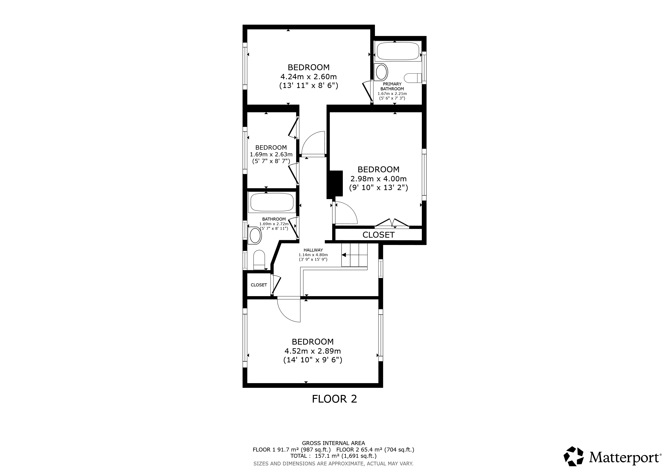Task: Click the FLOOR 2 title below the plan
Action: [x=334, y=399]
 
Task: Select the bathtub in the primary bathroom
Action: [x=398, y=52]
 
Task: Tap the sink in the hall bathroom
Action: [x=255, y=236]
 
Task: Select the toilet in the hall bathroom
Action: [x=259, y=260]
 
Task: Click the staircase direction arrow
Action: [x=344, y=255]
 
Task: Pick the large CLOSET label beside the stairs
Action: [x=378, y=235]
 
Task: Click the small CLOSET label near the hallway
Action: [x=259, y=285]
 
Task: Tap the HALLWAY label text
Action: [x=313, y=250]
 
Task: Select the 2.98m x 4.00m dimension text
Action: [x=378, y=179]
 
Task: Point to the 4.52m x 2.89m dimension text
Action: [x=313, y=351]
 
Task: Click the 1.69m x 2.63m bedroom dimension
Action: [x=271, y=154]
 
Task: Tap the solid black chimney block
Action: [x=335, y=184]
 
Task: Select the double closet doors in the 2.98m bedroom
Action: [x=392, y=223]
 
